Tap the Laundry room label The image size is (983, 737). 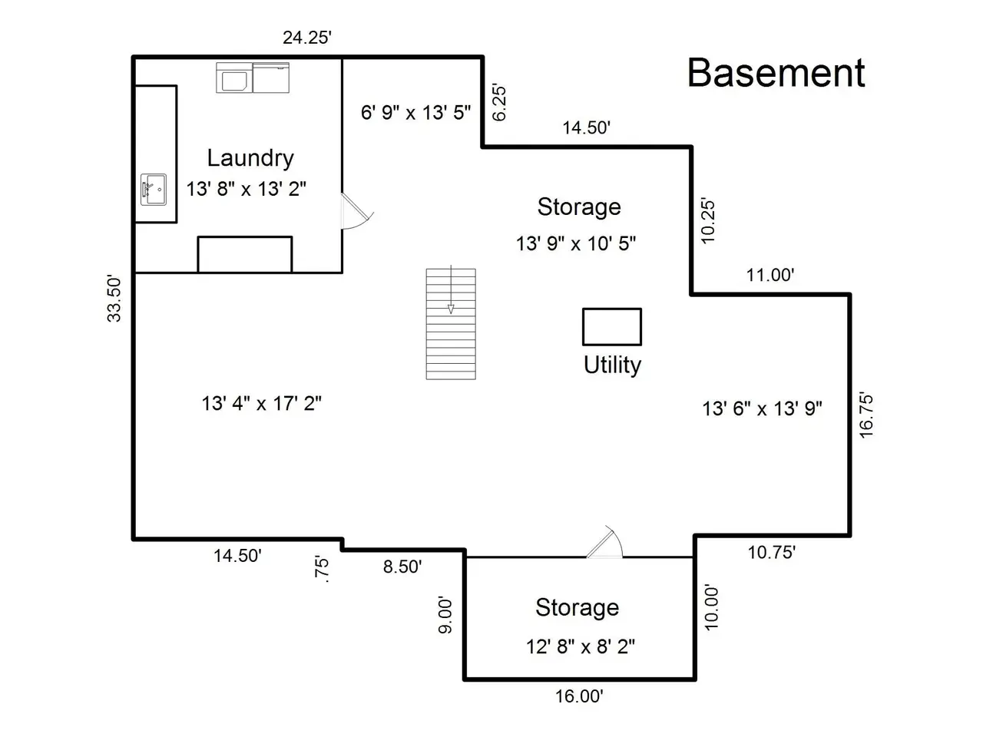tap(250, 158)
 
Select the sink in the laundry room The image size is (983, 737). tap(154, 190)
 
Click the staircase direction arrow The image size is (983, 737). tap(451, 289)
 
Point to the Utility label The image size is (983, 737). tap(612, 365)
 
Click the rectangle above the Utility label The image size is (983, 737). tap(612, 327)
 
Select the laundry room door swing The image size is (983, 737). tap(357, 212)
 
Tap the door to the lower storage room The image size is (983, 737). tap(604, 542)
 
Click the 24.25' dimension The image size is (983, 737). tap(307, 38)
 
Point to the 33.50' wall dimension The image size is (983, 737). tap(114, 299)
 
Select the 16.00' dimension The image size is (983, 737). tap(580, 697)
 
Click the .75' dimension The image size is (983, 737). tap(322, 569)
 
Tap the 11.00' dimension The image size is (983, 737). tap(770, 275)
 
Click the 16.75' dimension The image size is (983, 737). tap(866, 415)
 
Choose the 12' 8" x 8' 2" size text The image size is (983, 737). tap(581, 647)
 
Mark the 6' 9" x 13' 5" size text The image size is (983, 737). tap(416, 112)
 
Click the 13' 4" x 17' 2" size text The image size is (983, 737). tap(262, 404)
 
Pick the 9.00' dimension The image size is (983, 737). tap(445, 614)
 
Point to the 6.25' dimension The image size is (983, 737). tap(499, 102)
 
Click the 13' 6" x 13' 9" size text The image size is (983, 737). tap(763, 409)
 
